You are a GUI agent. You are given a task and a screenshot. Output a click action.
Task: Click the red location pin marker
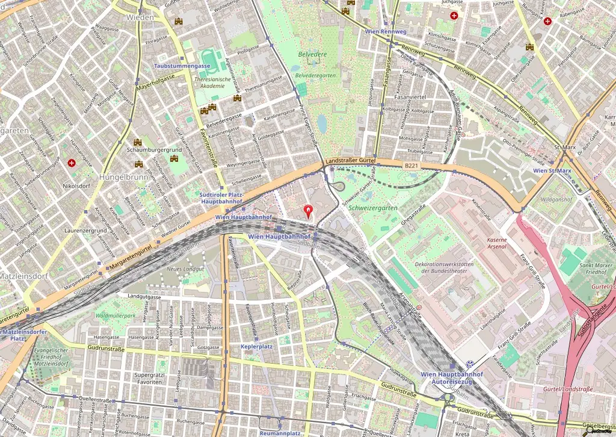coord(309,211)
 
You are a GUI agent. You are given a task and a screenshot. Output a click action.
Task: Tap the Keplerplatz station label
coord(257,347)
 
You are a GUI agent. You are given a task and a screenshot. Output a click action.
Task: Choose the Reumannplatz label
coord(280,433)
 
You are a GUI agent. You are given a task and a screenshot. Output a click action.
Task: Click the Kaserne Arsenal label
coord(496,243)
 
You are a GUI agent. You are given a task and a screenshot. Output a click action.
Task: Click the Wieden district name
coord(140,17)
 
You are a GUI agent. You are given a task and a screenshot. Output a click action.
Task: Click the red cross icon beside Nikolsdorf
coord(72,163)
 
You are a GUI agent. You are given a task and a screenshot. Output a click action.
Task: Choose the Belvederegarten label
coord(315,75)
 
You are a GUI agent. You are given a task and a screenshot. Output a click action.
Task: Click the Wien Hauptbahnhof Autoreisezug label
coord(452,378)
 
